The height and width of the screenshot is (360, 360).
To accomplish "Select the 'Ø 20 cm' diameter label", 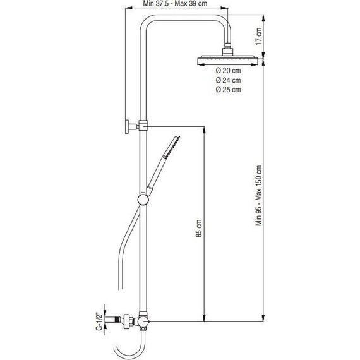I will click(228, 70).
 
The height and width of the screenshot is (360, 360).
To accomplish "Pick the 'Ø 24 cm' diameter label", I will click(228, 80).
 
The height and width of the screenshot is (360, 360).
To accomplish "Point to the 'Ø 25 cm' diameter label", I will click(228, 90).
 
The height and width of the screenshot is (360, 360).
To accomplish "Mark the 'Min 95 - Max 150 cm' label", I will click(258, 200).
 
